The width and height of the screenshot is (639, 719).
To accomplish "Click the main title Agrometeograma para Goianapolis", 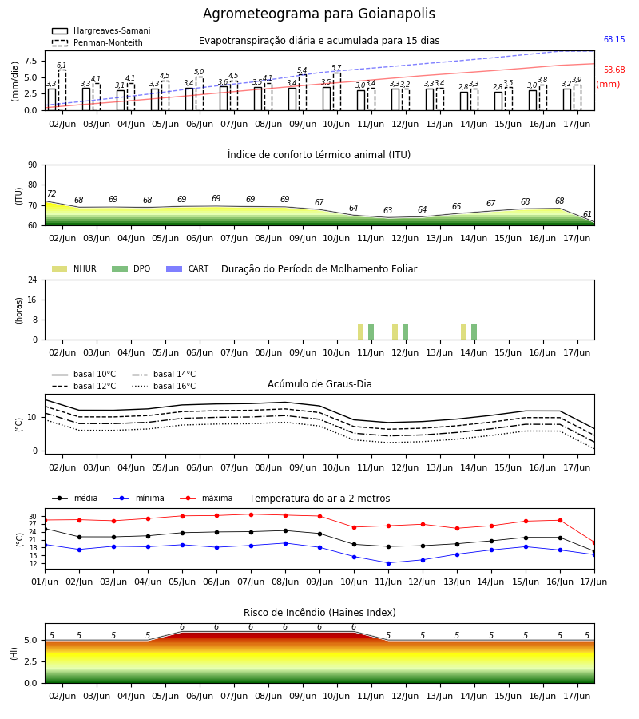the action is coord(319,14).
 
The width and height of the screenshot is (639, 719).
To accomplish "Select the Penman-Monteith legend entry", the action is coord(97,42).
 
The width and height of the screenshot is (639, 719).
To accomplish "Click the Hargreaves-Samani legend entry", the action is coord(101,30).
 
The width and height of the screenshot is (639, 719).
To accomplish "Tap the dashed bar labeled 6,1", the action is coord(62,90).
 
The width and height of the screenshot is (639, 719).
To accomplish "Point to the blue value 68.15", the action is coord(614,39).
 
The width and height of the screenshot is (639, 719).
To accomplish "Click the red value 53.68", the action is coord(614,70).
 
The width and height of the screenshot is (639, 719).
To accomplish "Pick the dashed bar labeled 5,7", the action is coord(337,92).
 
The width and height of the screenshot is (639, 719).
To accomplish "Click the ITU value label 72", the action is coord(51,193).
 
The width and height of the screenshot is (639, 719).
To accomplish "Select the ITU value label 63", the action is coord(388,210).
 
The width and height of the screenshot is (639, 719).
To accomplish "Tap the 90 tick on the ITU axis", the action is coord(33,165).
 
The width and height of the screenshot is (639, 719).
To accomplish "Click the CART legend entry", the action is coord(188,268).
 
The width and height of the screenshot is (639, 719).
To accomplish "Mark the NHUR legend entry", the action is coord(74,268).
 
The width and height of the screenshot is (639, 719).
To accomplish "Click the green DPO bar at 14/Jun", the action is coord(474,332).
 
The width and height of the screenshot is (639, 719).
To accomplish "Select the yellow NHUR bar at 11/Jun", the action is coord(361,332).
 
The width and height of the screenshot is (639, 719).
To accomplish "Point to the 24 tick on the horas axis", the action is coord(33,280).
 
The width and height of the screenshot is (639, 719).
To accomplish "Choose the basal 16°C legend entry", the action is coord(164,386).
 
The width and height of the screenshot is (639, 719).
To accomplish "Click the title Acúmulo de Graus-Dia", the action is coord(319,383).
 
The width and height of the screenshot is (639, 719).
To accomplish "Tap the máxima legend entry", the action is coord(206,498).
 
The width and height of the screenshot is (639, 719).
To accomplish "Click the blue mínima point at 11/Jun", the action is coord(389,563).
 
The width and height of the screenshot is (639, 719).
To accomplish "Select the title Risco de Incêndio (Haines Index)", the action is coord(319,612).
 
